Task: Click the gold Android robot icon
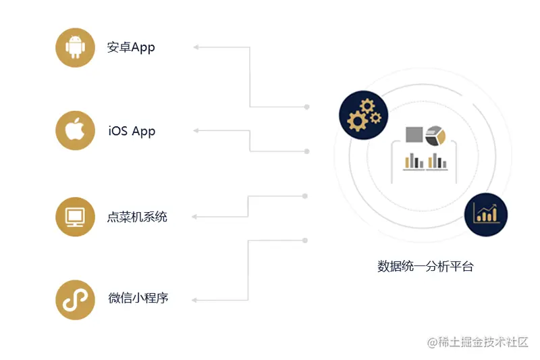point(75,47)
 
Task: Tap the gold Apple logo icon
point(75,130)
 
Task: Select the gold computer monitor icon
point(75,217)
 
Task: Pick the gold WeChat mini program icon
point(75,299)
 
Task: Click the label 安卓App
point(131,47)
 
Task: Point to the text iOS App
point(132,131)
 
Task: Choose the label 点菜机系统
point(137,217)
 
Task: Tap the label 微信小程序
point(138,298)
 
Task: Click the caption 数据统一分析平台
point(425,266)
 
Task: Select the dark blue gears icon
point(364,115)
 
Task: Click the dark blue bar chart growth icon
point(485,215)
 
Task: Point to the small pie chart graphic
point(436,135)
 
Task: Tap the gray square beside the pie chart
point(414,134)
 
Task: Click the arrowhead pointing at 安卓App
point(196,47)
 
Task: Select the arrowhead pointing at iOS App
point(196,130)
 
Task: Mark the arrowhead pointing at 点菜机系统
point(195,217)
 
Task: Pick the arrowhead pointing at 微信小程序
point(195,299)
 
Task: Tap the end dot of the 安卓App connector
point(307,107)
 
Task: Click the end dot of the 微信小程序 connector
point(306,240)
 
